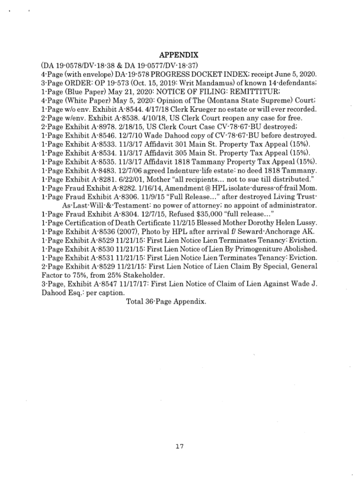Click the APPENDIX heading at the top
[180, 54]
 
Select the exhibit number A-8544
[109, 109]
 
